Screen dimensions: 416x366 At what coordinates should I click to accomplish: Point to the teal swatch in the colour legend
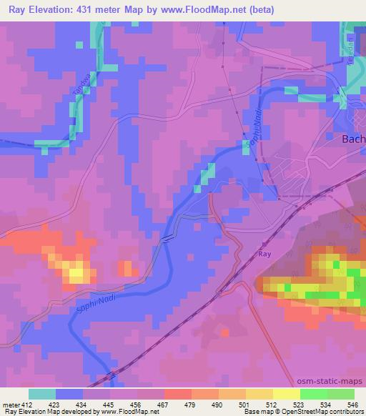(41, 394)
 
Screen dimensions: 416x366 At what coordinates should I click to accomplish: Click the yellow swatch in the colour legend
(287, 394)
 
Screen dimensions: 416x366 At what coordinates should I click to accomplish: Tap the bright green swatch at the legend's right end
(340, 394)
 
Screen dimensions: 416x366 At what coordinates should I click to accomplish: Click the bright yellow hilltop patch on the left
(76, 272)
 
